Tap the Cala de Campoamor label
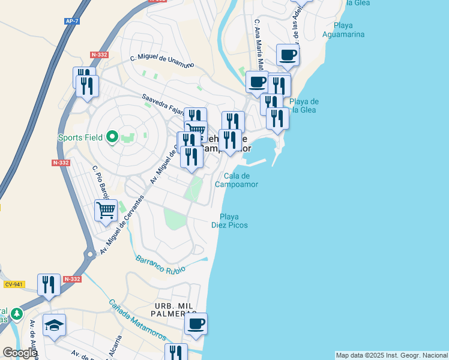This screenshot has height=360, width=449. pyautogui.click(x=237, y=180)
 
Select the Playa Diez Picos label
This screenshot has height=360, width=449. pyautogui.click(x=229, y=221)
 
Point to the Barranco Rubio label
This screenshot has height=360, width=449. pyautogui.click(x=160, y=265)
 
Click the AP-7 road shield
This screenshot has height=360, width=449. pyautogui.click(x=72, y=21)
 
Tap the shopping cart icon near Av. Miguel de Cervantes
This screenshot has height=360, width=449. pyautogui.click(x=106, y=211)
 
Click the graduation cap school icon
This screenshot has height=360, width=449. pyautogui.click(x=54, y=325)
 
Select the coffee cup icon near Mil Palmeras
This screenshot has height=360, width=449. pyautogui.click(x=196, y=324)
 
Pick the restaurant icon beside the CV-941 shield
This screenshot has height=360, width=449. pyautogui.click(x=49, y=284)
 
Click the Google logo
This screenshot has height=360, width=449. pyautogui.click(x=19, y=353)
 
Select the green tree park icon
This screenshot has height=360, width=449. pyautogui.click(x=17, y=314)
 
